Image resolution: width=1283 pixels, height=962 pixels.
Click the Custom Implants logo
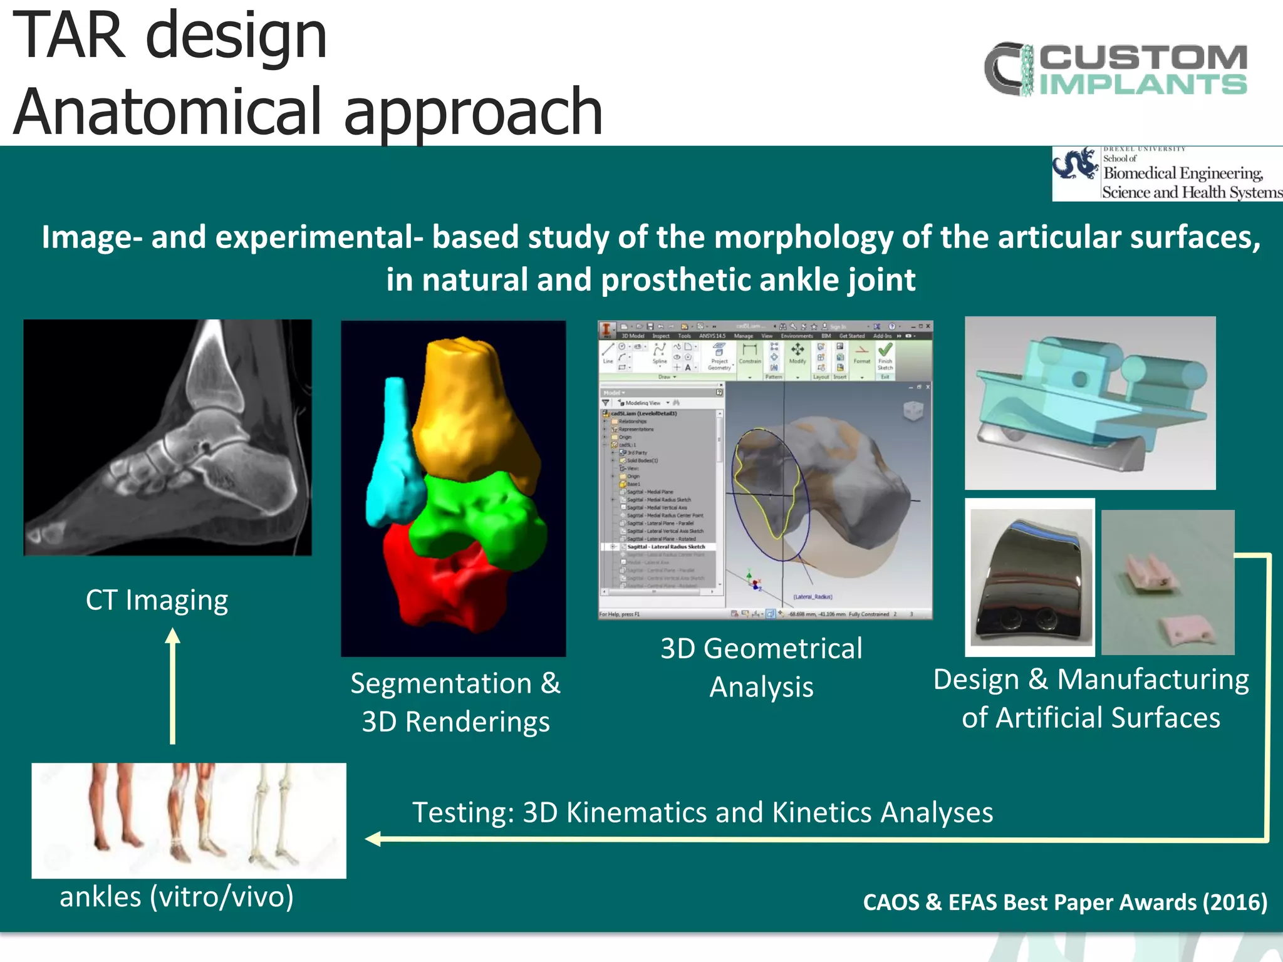[1115, 69]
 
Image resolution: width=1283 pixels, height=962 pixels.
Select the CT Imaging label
[157, 600]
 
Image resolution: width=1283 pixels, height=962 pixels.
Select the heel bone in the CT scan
[263, 476]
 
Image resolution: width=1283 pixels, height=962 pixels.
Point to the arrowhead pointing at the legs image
[372, 839]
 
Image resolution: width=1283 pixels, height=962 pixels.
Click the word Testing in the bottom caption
[462, 813]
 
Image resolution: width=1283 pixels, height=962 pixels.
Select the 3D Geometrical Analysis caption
[761, 667]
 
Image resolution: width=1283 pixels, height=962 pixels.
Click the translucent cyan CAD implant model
[1090, 395]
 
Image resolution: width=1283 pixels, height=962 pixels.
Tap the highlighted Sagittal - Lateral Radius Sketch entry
[665, 547]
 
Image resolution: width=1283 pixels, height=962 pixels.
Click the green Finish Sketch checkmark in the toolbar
[885, 350]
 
